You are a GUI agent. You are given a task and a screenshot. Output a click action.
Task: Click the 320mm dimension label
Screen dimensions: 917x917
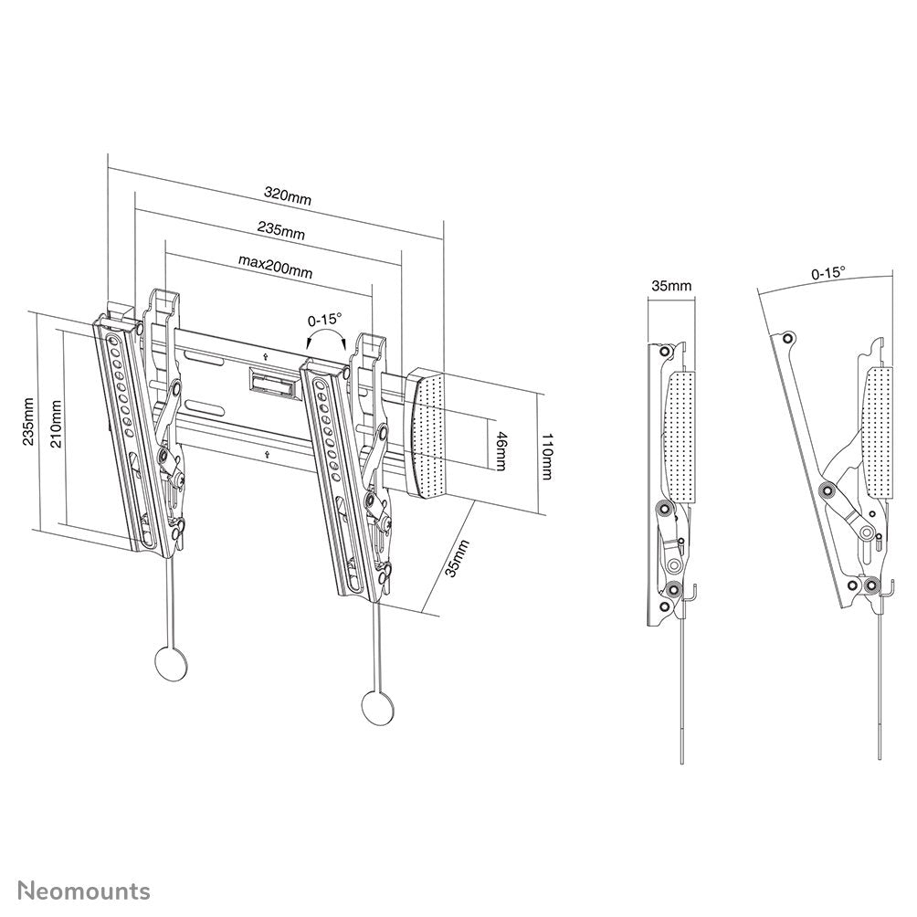(x=288, y=195)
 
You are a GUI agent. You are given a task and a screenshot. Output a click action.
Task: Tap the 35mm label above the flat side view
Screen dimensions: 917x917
(x=670, y=286)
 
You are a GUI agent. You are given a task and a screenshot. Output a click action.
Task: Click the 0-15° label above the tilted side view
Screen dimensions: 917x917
(x=827, y=272)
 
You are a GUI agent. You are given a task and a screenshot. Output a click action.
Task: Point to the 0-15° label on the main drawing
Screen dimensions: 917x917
(x=324, y=320)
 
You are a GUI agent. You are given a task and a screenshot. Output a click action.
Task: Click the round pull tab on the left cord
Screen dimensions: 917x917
(x=168, y=662)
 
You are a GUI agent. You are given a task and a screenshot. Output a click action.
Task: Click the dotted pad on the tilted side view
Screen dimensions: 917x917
(x=878, y=429)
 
